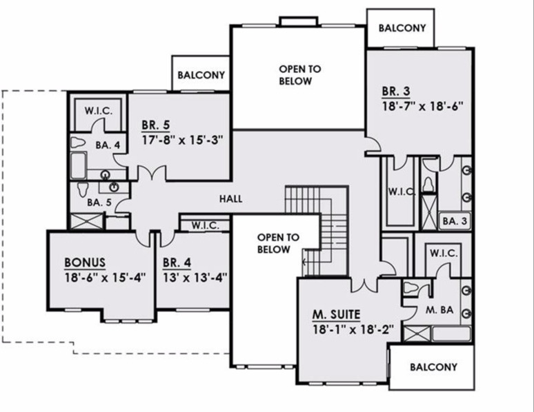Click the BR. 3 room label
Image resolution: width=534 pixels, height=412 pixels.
click(x=396, y=91)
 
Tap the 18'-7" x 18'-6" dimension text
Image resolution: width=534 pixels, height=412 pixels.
click(x=423, y=106)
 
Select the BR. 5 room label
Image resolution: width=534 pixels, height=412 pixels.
click(x=156, y=125)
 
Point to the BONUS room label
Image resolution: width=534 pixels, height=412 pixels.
click(x=85, y=262)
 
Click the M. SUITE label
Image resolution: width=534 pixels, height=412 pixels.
click(x=337, y=315)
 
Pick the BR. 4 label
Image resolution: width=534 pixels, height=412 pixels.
click(x=177, y=262)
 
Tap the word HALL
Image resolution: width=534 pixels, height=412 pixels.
click(x=231, y=198)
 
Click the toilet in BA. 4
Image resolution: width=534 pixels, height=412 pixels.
click(x=78, y=143)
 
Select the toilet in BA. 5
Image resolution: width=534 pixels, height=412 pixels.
click(x=83, y=189)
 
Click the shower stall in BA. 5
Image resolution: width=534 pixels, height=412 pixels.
click(x=86, y=221)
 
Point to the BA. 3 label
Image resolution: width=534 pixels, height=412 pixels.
click(x=455, y=221)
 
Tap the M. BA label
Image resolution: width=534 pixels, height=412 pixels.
click(x=439, y=310)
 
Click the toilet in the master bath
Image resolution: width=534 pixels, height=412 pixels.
click(x=411, y=288)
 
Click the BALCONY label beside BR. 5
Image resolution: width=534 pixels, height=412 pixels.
click(x=201, y=75)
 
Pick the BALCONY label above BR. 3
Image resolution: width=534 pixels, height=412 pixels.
click(x=402, y=28)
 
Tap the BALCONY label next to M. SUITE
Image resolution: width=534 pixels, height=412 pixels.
click(x=433, y=367)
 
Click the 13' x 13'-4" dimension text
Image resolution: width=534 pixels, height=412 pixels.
click(x=195, y=278)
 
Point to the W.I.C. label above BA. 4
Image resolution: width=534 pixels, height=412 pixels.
click(x=99, y=111)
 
